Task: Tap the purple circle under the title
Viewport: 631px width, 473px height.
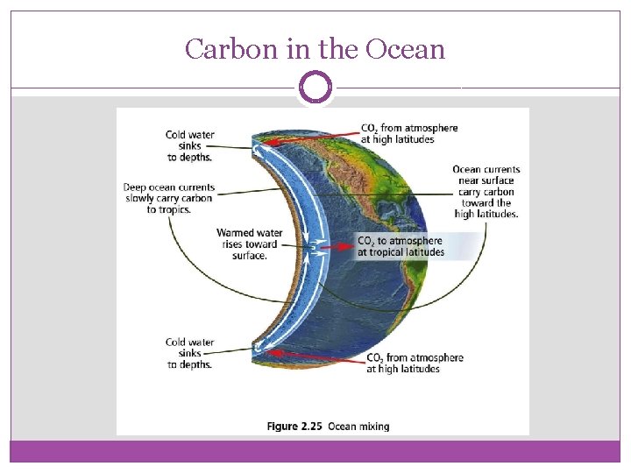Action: tap(315, 88)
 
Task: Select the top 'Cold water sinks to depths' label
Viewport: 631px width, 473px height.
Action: tap(189, 146)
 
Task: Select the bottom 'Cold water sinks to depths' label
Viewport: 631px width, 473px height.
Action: tap(189, 353)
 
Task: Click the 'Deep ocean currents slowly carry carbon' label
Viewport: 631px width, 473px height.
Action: tap(169, 198)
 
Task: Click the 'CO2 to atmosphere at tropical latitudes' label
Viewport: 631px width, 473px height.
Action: tap(401, 246)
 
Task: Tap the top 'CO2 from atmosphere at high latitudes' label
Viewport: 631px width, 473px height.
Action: tap(409, 133)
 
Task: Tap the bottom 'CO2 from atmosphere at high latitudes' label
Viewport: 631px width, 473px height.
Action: tap(415, 363)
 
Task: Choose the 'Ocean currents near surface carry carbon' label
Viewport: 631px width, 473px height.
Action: tap(486, 192)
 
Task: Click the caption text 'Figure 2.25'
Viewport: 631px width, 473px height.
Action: tap(294, 427)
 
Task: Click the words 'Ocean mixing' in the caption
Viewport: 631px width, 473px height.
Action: tap(359, 427)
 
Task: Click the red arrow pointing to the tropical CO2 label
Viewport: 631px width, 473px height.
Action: tap(337, 248)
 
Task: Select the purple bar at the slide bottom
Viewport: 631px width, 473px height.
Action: tap(315, 451)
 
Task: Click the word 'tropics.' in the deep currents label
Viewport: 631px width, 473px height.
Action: tap(164, 209)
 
